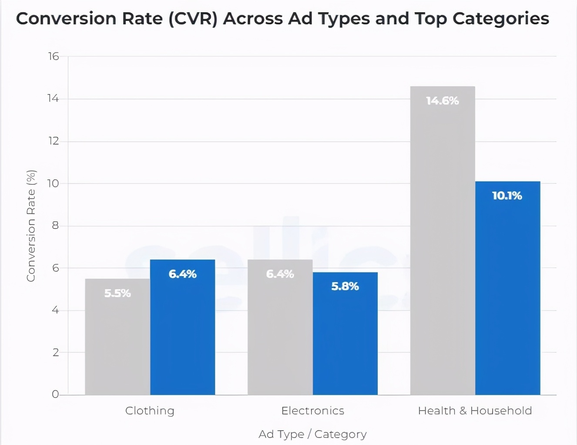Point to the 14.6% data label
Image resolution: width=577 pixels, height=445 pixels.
tap(443, 101)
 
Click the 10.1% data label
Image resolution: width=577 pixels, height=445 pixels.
tap(507, 196)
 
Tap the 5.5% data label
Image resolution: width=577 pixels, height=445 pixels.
tap(117, 293)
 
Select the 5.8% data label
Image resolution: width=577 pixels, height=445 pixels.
tap(345, 287)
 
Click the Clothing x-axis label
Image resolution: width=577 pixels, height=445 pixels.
tap(150, 411)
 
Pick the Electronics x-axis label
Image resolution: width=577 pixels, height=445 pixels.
tap(312, 411)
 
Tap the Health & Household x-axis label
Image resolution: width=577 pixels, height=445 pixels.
tap(475, 411)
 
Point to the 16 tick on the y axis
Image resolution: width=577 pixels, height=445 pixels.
tap(54, 56)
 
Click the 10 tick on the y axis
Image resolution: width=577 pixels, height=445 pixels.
tap(53, 183)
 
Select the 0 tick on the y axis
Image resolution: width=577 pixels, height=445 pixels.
tap(55, 394)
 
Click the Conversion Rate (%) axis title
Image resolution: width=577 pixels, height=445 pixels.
tap(31, 226)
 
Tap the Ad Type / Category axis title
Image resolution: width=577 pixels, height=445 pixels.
tap(312, 434)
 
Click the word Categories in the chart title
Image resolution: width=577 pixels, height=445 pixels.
tap(500, 19)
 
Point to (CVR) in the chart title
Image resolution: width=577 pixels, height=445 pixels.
tap(192, 19)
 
